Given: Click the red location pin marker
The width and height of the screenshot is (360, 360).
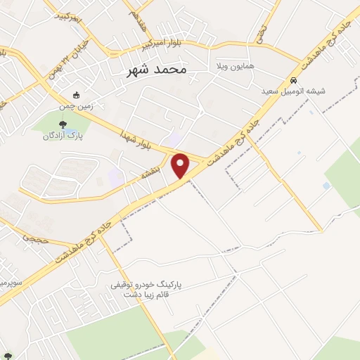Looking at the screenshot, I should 181,165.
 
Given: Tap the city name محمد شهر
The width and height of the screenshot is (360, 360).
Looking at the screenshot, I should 158,70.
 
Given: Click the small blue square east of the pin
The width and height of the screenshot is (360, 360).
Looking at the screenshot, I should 326,186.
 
